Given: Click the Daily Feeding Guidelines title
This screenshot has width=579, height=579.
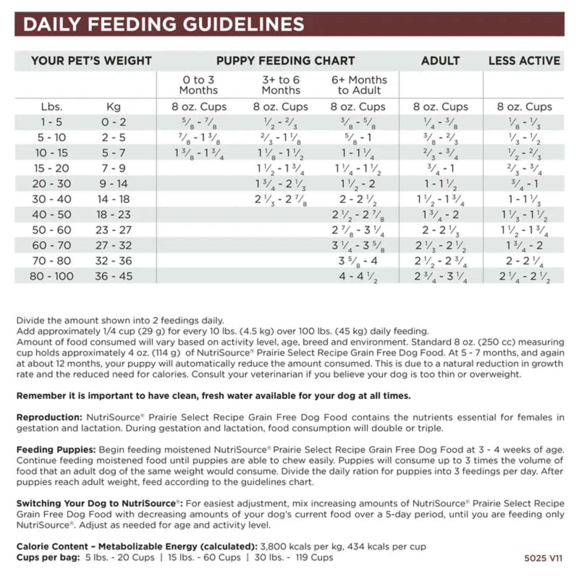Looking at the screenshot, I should click(x=164, y=24).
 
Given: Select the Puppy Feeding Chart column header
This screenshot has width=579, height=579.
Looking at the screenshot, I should click(x=286, y=61).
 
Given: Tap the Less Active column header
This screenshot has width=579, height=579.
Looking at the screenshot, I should click(x=524, y=61).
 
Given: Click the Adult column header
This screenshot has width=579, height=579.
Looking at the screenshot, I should click(x=440, y=61).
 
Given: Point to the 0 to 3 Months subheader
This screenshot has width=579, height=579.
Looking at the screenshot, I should click(x=198, y=85).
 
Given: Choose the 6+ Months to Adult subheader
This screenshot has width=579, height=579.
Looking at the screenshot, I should click(x=359, y=85).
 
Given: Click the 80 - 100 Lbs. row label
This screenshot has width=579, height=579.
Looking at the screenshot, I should click(x=51, y=276).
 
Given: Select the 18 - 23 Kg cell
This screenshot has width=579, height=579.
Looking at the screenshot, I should click(x=113, y=215).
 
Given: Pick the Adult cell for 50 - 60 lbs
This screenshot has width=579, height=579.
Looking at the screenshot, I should click(x=440, y=230).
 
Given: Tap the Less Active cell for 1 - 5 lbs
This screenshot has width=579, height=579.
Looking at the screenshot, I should click(x=524, y=123).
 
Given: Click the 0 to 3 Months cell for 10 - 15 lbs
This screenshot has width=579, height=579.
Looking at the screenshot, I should click(x=199, y=153).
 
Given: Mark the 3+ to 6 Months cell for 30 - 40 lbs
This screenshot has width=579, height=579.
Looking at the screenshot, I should click(x=280, y=199).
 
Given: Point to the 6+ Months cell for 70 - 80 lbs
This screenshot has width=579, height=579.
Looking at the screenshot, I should click(x=358, y=261).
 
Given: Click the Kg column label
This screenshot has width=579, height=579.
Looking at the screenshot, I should click(x=113, y=107).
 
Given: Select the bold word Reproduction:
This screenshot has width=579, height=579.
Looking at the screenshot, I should click(x=49, y=417).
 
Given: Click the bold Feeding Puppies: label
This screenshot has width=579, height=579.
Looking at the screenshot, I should click(x=56, y=450).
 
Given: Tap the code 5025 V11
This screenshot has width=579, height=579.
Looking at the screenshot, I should click(x=543, y=558).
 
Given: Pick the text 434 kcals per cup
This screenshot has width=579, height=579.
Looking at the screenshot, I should click(x=386, y=546).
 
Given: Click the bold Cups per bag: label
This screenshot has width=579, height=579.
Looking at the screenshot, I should click(x=48, y=557).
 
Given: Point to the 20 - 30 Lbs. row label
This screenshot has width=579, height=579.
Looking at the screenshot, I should click(x=51, y=184).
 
